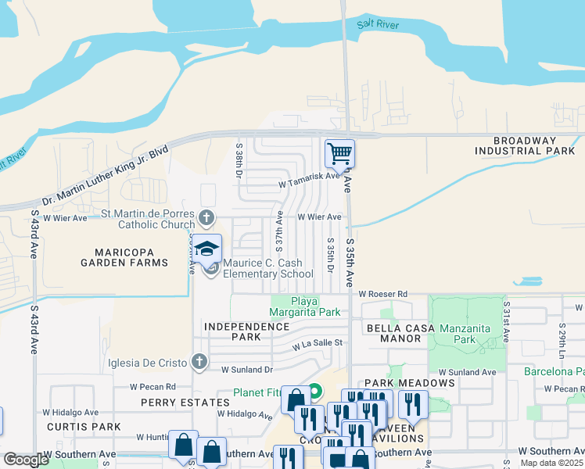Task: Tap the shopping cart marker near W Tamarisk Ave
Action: coord(339,153)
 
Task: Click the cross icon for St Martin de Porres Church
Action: coord(206,217)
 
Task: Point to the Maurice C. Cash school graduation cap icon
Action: coord(207,249)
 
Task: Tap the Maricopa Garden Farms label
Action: coord(124,257)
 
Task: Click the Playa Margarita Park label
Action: coord(305,306)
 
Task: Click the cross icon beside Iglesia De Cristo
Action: coord(199,361)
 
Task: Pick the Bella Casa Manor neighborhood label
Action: coord(399,334)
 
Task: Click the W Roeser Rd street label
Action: coord(383,294)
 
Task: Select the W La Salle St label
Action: coord(318,343)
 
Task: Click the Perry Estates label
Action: coord(174,402)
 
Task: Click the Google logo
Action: coord(26,460)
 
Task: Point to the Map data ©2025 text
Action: coord(551,463)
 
